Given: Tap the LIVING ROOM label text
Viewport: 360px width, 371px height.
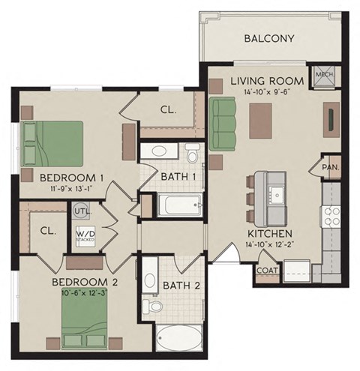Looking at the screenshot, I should (266, 80).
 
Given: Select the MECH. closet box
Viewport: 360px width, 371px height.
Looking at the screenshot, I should (325, 75).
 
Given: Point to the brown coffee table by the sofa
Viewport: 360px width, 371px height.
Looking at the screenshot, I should (260, 118).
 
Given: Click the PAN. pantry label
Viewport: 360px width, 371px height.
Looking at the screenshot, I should (331, 167).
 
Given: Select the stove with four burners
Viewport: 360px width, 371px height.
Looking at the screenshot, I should (331, 217).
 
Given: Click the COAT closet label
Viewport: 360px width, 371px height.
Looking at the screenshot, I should (267, 271).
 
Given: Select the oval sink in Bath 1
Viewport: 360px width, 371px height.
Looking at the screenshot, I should (160, 151).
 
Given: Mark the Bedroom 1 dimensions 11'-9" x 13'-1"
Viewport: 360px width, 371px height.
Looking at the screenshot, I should (71, 190).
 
